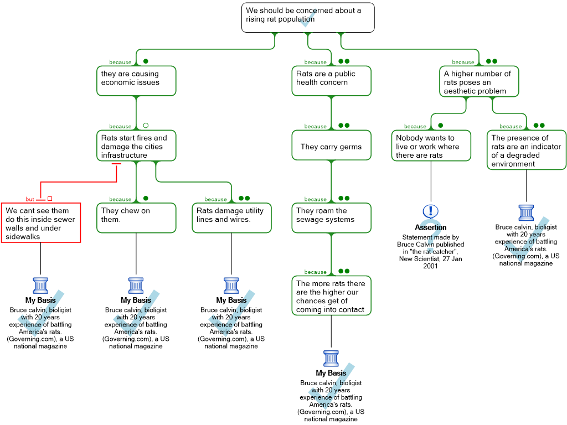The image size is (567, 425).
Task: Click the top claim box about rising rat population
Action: [308, 17]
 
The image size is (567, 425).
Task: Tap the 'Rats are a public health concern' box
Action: [331, 81]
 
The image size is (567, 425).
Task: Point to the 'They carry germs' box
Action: [331, 146]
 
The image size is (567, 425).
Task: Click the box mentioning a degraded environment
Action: [527, 149]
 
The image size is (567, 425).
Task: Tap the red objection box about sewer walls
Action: [41, 222]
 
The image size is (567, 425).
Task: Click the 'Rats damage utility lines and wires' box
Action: [233, 217]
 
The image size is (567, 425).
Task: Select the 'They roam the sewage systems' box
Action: [331, 217]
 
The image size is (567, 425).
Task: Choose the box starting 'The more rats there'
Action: [331, 296]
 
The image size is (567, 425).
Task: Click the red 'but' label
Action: [30, 199]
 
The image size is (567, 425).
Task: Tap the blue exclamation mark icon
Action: [430, 211]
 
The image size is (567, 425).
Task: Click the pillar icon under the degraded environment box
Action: [526, 212]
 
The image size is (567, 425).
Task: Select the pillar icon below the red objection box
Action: [41, 286]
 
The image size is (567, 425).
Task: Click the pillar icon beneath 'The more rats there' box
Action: [331, 359]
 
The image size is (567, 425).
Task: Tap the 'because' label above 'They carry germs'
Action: [315, 126]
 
